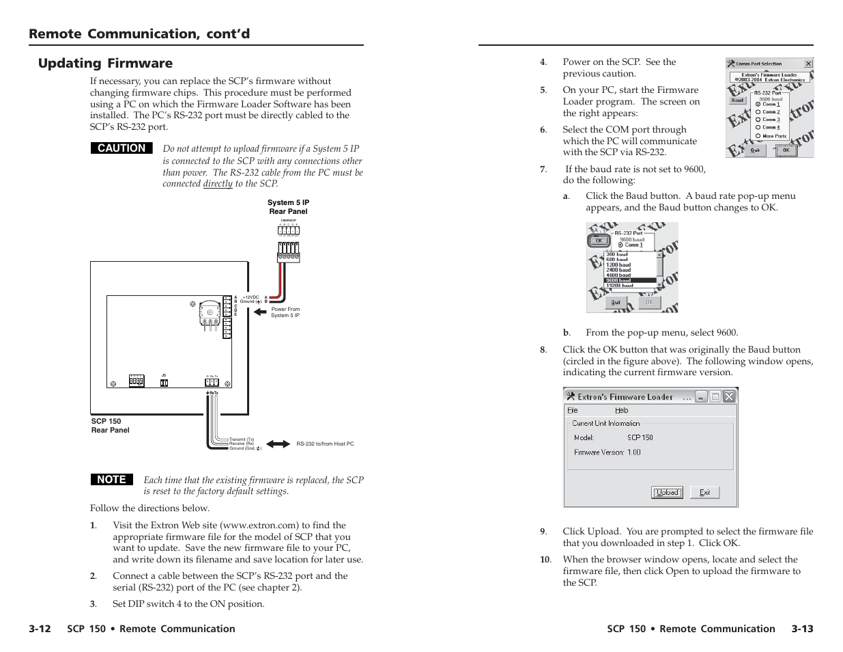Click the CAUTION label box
122,148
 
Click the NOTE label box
111,480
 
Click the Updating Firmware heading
105,64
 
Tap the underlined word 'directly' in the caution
218,184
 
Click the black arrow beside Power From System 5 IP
259,312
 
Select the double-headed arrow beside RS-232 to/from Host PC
278,444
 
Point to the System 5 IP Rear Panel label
288,207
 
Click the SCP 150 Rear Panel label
110,426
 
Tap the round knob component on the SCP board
210,312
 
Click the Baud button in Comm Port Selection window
738,100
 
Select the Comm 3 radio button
758,120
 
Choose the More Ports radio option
758,136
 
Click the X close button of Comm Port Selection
808,64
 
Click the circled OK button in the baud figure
599,241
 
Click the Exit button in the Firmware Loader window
704,492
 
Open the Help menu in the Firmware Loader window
621,410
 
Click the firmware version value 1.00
634,452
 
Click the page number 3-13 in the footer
802,629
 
